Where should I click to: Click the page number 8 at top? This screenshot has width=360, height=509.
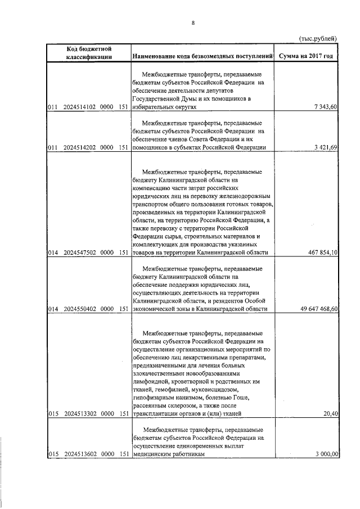click(193, 22)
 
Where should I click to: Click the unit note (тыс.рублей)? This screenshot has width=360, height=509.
click(317, 38)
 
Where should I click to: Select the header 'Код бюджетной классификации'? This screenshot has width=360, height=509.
click(88, 52)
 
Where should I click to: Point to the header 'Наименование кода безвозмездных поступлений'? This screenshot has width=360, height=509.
click(202, 56)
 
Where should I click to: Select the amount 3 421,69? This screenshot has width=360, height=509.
click(324, 147)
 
